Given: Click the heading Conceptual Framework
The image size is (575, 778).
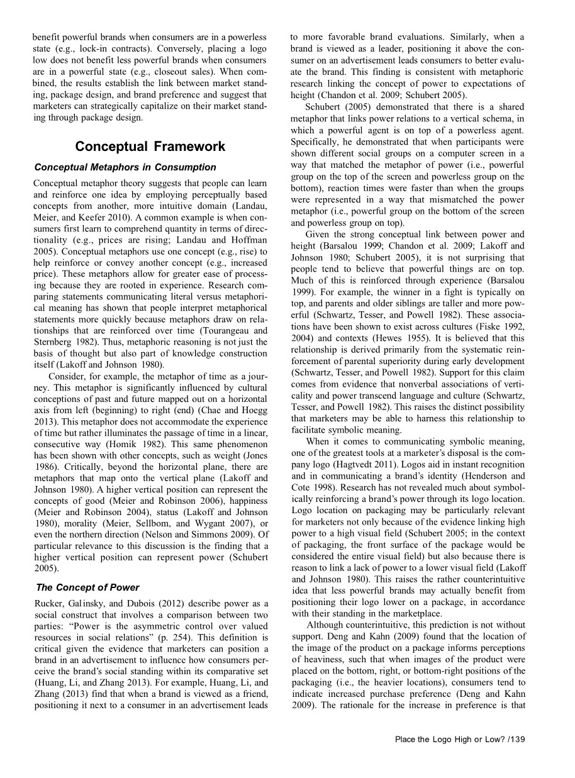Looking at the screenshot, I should pos(150,147).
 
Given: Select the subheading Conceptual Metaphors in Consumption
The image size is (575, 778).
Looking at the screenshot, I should pos(125,167).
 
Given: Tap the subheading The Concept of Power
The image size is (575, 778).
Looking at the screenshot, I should pos(87,587).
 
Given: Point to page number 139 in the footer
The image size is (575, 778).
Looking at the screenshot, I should pos(516,739).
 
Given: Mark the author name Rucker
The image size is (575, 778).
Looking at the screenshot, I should pos(48,604).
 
